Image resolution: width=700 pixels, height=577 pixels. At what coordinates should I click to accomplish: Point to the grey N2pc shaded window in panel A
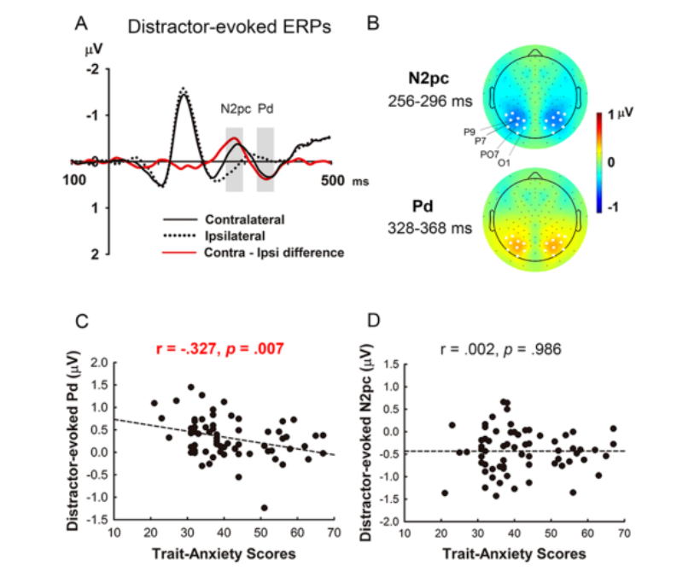[234, 160]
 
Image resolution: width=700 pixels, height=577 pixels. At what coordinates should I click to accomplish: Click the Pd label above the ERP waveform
[265, 109]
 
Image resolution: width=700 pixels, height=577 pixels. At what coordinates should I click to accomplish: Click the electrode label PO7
[489, 154]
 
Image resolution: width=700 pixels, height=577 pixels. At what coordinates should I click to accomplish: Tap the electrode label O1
[504, 161]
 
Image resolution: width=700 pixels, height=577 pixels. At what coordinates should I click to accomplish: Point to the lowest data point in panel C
[265, 508]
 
